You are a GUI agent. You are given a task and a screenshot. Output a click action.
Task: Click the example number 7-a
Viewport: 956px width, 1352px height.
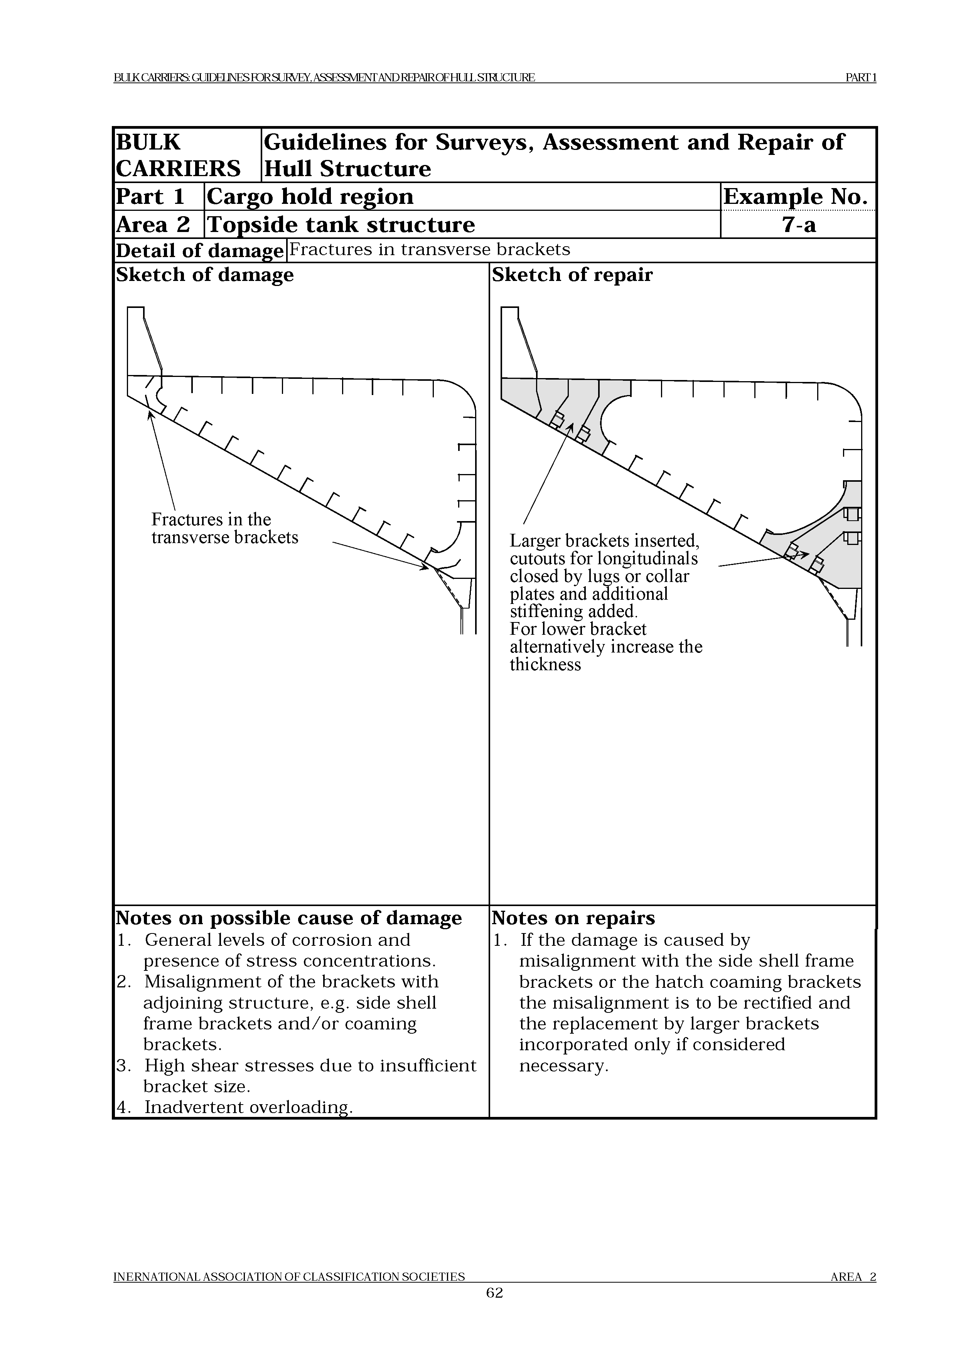click(798, 225)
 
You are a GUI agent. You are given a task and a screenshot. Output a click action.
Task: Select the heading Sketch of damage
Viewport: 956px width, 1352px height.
click(204, 275)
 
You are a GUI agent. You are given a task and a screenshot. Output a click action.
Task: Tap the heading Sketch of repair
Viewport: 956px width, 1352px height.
click(572, 275)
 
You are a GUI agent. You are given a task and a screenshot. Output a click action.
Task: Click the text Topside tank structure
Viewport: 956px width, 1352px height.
click(341, 225)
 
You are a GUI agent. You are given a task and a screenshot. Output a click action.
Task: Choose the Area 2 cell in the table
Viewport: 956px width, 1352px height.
click(153, 225)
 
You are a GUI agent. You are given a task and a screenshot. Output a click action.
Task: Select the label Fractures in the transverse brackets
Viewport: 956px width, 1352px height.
click(224, 528)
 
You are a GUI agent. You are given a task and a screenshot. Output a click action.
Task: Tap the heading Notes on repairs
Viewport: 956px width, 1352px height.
click(573, 918)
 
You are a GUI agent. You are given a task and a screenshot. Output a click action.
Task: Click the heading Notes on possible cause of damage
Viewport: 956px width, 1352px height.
click(288, 918)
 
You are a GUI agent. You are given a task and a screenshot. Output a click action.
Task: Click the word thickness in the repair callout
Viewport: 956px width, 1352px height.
click(545, 665)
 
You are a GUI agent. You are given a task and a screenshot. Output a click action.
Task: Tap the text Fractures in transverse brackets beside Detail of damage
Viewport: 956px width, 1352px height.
click(429, 250)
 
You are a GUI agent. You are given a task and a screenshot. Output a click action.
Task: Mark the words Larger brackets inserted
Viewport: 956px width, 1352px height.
click(604, 541)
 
